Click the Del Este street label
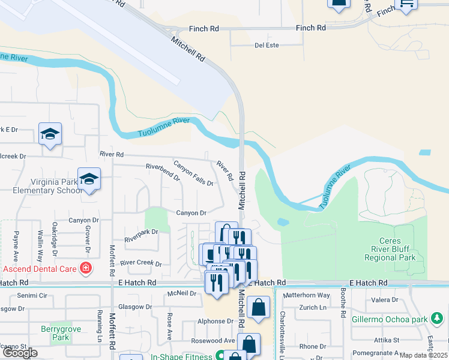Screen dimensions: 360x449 [267, 45]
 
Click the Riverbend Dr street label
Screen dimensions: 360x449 [163, 172]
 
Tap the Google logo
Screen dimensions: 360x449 [20, 353]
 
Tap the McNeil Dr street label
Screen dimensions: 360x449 [182, 293]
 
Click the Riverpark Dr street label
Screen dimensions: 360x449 [141, 235]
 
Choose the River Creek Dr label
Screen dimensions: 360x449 [141, 263]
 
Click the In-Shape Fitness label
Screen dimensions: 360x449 [181, 356]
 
